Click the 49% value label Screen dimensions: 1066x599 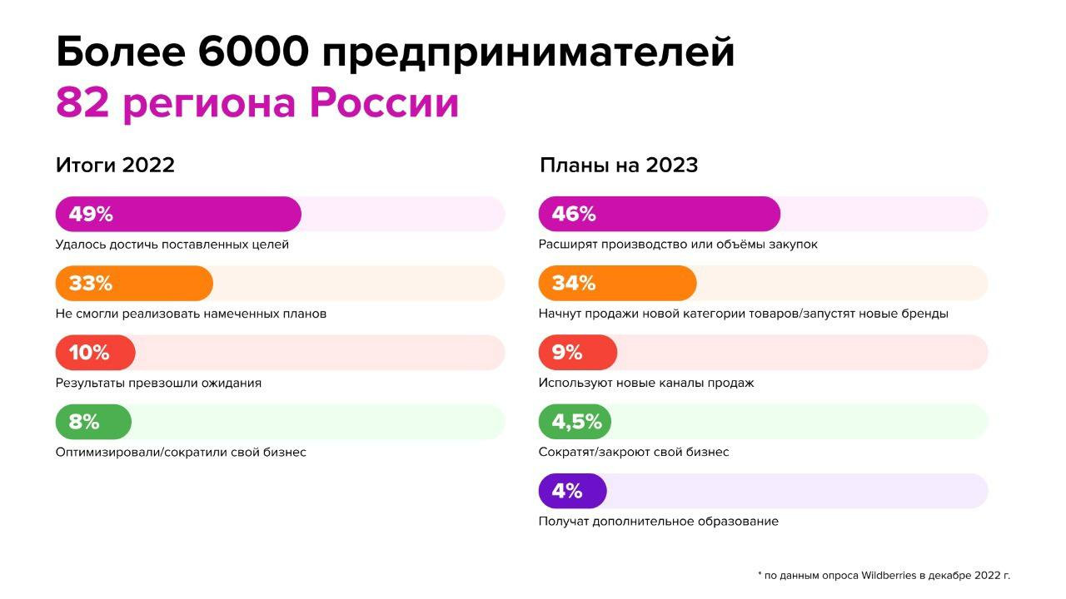click(91, 214)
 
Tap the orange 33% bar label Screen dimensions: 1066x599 click(91, 284)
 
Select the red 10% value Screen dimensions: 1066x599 click(89, 353)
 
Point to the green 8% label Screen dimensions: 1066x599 click(84, 422)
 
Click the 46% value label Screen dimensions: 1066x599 click(574, 214)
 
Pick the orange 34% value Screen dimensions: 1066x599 click(574, 284)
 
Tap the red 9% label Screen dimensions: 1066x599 click(567, 353)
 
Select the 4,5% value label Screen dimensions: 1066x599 click(577, 422)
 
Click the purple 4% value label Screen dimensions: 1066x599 click(567, 491)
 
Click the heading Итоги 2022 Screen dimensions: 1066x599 click(115, 165)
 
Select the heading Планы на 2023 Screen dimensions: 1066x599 click(619, 165)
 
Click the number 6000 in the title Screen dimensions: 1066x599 click(254, 52)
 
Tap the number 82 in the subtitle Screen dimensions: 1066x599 click(82, 102)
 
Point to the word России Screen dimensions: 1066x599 click(384, 102)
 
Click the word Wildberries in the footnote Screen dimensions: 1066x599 click(889, 576)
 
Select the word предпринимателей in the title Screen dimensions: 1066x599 click(528, 53)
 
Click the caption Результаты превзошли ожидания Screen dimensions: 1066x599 click(158, 384)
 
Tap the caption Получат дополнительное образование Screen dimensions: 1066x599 click(659, 522)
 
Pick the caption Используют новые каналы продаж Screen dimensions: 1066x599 click(646, 384)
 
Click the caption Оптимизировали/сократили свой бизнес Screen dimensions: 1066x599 click(181, 452)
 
